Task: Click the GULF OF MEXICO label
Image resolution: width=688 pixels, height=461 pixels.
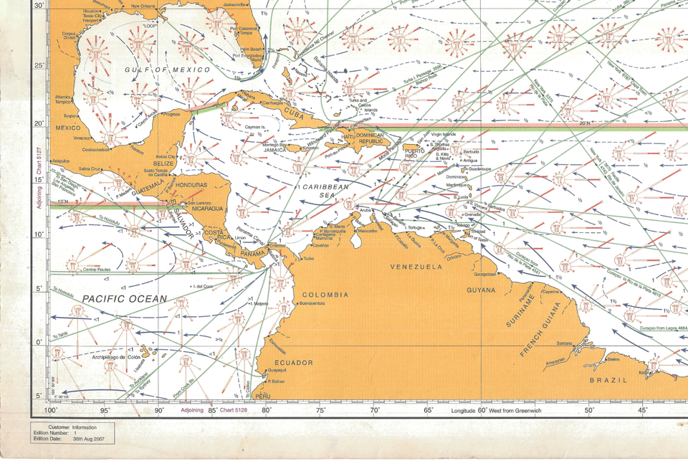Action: [x=168, y=70]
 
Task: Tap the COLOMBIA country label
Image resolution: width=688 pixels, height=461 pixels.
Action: [x=325, y=295]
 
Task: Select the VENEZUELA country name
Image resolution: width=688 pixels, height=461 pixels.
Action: [x=416, y=266]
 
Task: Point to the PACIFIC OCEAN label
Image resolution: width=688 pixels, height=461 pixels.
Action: [x=124, y=298]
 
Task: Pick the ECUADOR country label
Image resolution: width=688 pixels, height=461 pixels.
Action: [x=294, y=363]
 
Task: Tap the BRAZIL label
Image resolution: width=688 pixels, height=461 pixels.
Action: [x=608, y=380]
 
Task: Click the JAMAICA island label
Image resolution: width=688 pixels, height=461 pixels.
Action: [x=275, y=151]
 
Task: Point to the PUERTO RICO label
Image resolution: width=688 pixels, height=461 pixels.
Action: [x=416, y=153]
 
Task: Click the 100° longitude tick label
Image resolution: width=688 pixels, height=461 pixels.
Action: [x=51, y=411]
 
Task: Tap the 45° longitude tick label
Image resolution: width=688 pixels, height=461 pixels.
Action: [x=643, y=411]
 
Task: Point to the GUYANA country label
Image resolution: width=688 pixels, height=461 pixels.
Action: [x=481, y=290]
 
